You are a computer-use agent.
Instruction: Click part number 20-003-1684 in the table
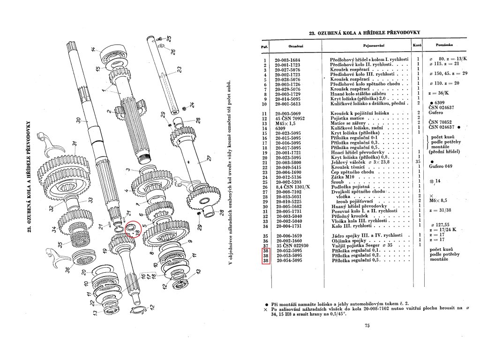click(294, 60)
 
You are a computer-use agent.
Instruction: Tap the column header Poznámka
click(444, 45)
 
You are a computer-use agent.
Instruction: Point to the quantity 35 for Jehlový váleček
click(417, 161)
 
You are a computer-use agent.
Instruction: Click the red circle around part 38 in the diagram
click(133, 229)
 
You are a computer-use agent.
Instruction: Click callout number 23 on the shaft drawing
click(178, 69)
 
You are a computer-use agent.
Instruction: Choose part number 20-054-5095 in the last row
click(294, 260)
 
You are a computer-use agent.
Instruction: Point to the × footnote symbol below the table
click(266, 310)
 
